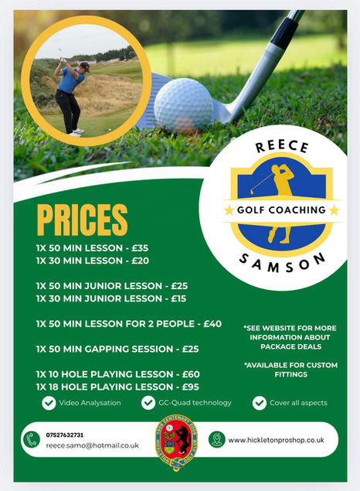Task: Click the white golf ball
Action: (x=183, y=103)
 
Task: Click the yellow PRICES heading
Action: (x=82, y=220)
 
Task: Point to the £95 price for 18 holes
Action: (x=189, y=386)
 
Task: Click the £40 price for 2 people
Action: (x=211, y=323)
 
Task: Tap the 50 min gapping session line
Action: (x=117, y=349)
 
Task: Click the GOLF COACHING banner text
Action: (x=280, y=210)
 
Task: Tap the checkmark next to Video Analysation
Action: (x=49, y=403)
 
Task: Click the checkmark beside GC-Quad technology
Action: (x=149, y=403)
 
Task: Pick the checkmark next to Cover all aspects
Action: (x=260, y=403)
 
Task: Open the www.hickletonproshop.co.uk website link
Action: (x=276, y=440)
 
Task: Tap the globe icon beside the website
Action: (x=217, y=440)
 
